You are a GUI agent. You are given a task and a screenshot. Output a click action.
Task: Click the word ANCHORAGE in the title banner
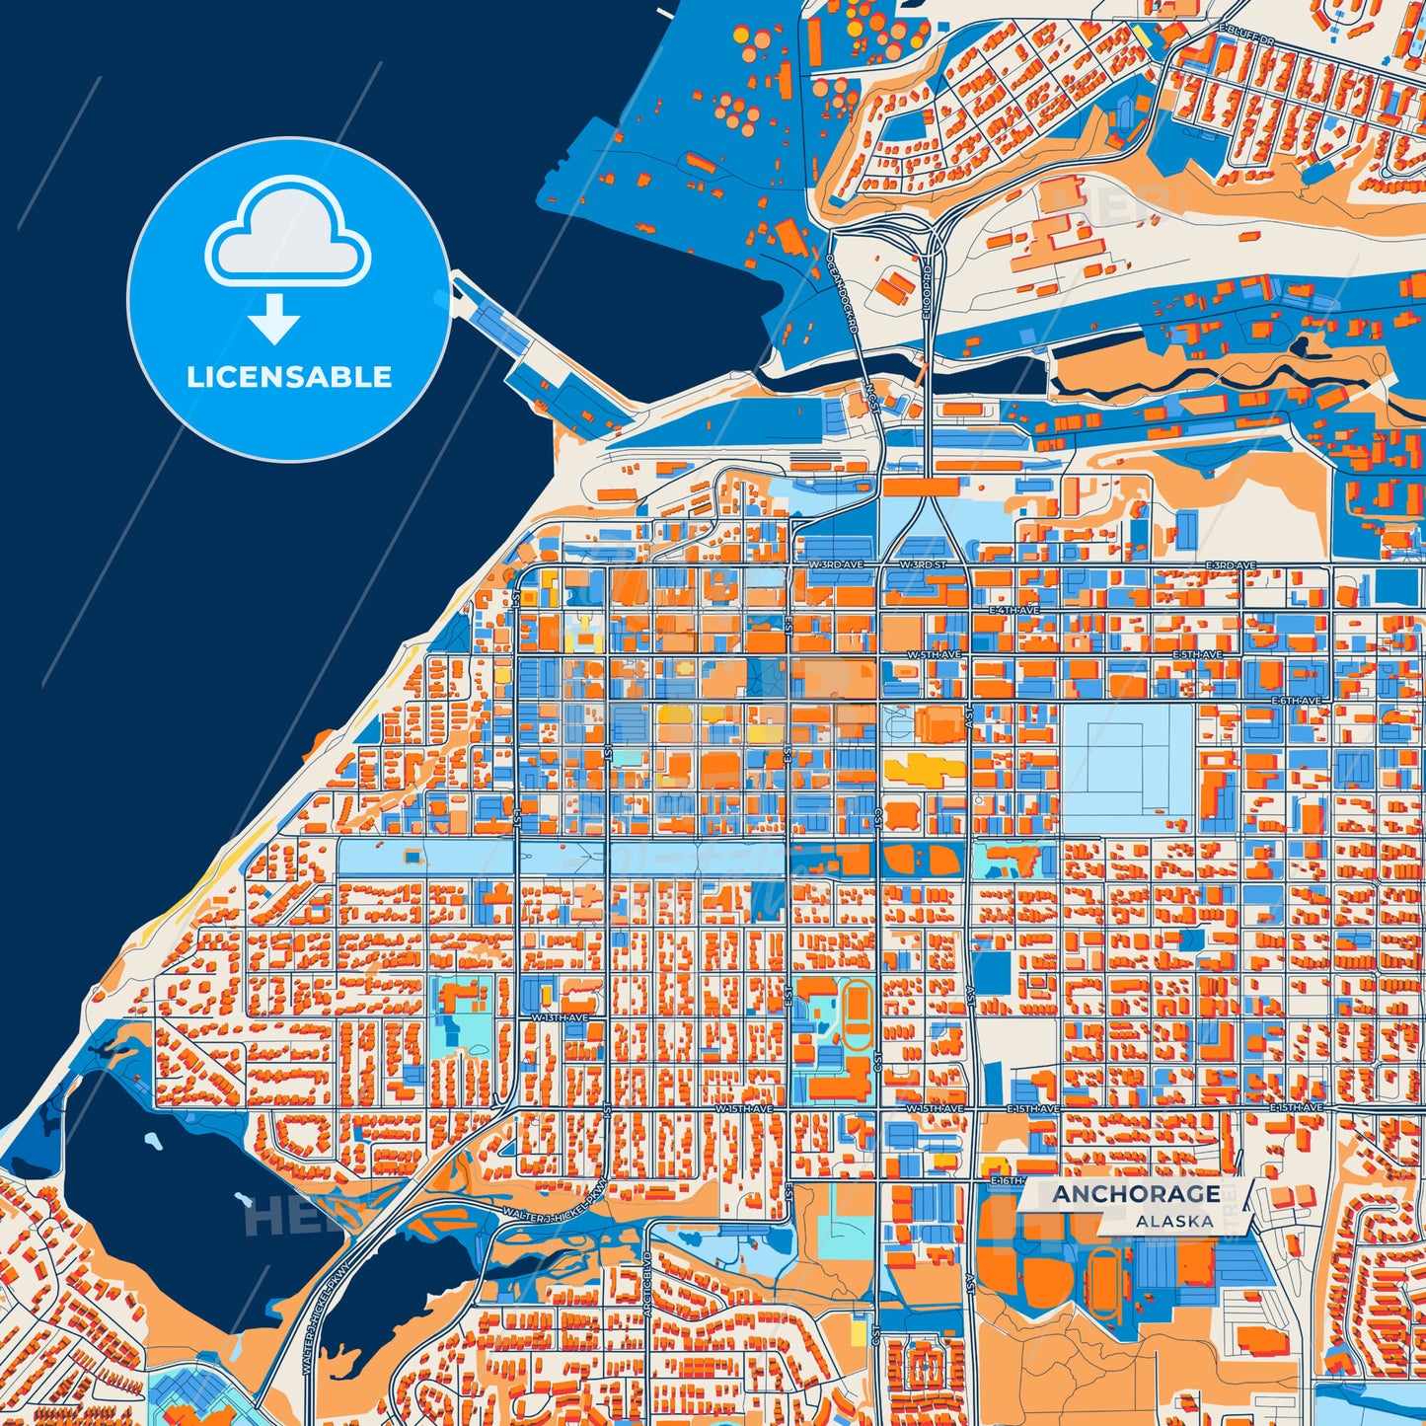coord(1135,1194)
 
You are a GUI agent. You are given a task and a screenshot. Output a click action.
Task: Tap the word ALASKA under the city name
coord(1173,1221)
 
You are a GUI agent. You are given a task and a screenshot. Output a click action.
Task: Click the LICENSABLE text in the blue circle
coord(289,377)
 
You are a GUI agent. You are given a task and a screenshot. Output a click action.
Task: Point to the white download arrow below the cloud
coord(274,319)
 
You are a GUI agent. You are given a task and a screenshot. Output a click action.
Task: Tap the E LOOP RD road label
coord(927,292)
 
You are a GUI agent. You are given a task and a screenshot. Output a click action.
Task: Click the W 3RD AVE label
coord(835,564)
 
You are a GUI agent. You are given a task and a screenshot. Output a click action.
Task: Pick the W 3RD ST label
coord(923,564)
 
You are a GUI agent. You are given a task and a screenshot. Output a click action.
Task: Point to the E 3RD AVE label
coord(1231,565)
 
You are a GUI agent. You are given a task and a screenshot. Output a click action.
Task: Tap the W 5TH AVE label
coord(934,655)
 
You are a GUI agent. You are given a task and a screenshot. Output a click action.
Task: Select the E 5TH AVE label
coord(1196,655)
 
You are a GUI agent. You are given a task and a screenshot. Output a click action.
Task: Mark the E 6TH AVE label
coord(1296,701)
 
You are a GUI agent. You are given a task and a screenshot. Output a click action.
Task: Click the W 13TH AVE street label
coord(561,1017)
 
